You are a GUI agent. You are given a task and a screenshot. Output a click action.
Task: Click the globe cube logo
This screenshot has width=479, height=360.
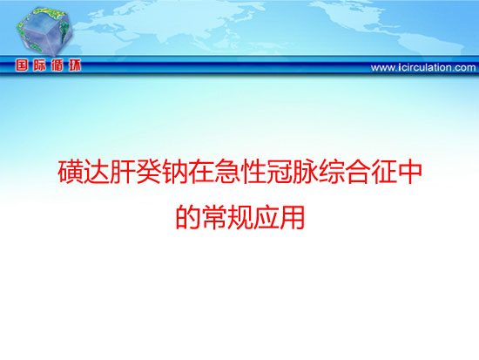coord(44,31)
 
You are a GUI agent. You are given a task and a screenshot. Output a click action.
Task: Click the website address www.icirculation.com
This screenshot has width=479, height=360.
coord(423,67)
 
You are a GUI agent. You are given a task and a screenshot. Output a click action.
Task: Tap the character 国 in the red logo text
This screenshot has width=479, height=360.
coord(22,65)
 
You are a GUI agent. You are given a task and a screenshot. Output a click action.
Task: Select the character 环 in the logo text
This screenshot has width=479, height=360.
coord(75,65)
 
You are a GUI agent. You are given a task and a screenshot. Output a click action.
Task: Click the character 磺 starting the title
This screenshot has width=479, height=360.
coord(71,173)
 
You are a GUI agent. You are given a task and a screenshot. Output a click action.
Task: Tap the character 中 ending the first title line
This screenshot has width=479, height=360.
coord(408,173)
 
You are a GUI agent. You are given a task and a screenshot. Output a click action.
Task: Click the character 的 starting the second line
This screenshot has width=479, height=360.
coord(188,217)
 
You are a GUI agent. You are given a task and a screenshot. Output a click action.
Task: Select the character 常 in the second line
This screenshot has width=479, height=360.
coord(214,217)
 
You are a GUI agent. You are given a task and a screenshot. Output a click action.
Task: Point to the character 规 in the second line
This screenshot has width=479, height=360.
coord(239,217)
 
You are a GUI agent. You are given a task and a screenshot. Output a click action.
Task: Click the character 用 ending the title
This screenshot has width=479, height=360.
coord(292,217)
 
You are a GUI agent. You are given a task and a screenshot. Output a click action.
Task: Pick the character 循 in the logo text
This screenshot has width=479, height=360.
coord(57,65)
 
